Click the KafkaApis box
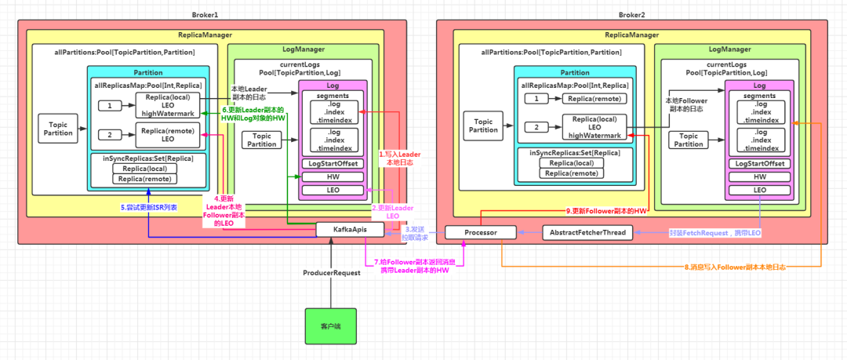[350, 229]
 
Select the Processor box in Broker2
[482, 233]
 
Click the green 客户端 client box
[330, 325]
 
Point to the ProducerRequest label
[331, 273]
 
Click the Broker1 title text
[206, 15]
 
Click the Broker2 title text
[632, 15]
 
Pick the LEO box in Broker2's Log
[760, 190]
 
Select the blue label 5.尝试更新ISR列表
[148, 207]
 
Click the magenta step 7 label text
[416, 266]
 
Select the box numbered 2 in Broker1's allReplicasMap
[109, 133]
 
